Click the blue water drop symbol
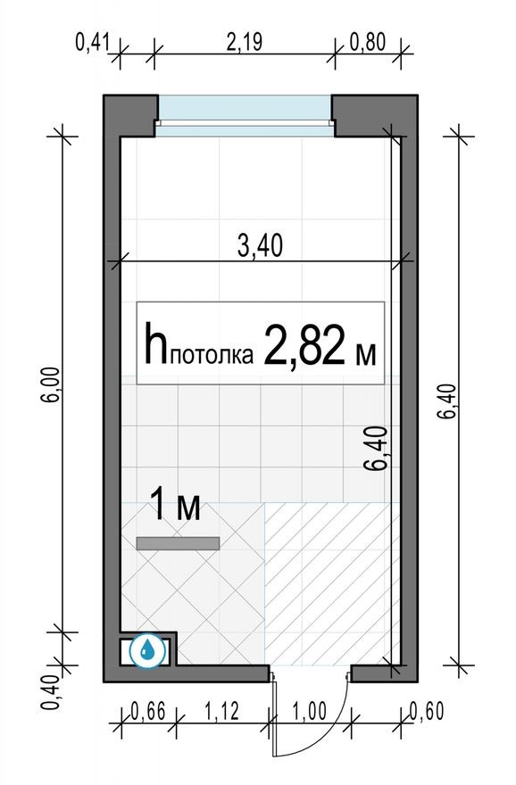pyautogui.click(x=148, y=650)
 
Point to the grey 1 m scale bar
pyautogui.click(x=178, y=542)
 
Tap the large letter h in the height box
pyautogui.click(x=156, y=343)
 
